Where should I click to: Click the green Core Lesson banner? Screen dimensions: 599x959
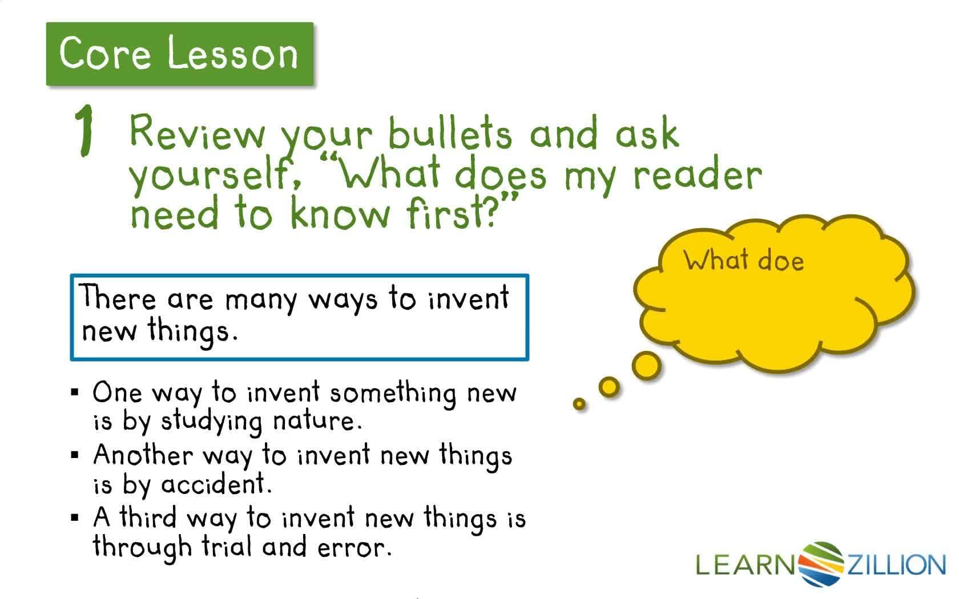[x=179, y=54]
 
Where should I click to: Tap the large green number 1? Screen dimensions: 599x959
[x=85, y=132]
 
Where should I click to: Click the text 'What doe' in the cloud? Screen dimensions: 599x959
[x=744, y=261]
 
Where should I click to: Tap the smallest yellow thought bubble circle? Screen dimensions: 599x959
[x=579, y=404]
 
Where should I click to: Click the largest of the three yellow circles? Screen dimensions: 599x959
[x=647, y=365]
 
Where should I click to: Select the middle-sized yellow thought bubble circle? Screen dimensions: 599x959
[x=609, y=387]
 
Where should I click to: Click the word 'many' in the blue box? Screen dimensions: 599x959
[x=261, y=299]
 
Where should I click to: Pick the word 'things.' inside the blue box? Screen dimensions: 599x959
[x=192, y=331]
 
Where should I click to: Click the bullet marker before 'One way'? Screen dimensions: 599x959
[x=75, y=392]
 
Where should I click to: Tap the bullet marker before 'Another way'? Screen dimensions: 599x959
[x=75, y=455]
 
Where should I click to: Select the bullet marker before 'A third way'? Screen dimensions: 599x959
[x=75, y=518]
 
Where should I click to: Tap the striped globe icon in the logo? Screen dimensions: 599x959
[x=821, y=564]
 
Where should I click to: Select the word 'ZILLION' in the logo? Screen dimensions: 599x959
[x=897, y=565]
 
